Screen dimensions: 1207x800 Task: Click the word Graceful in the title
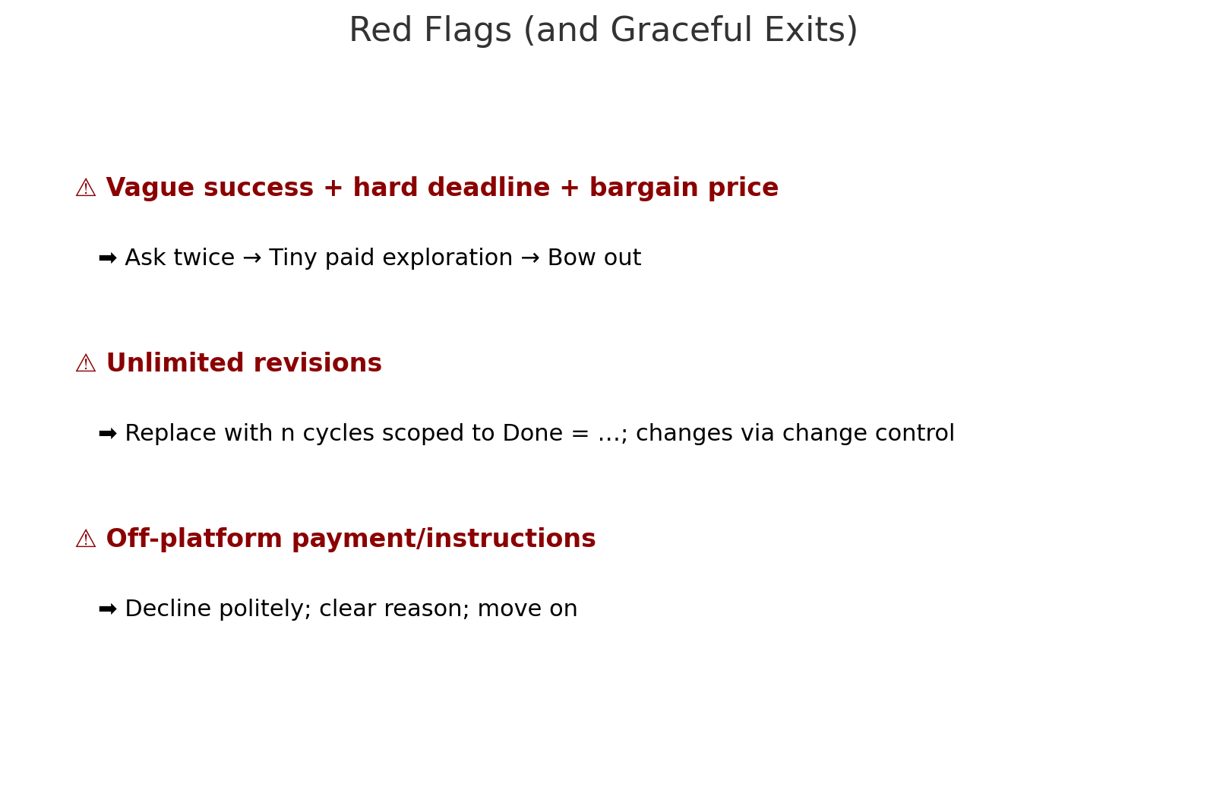coord(681,30)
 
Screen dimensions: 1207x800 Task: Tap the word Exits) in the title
coord(811,30)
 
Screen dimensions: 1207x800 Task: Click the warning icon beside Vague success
coord(86,188)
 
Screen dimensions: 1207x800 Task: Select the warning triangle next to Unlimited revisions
coord(86,363)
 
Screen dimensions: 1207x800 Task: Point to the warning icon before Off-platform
coord(86,539)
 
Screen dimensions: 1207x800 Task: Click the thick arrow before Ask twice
coord(108,258)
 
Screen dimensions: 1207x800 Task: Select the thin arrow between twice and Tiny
coord(252,258)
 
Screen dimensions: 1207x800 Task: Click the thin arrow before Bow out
coord(530,258)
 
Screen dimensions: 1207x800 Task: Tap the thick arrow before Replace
coord(108,433)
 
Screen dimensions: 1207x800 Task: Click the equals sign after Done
coord(580,434)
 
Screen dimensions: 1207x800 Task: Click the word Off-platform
coord(194,539)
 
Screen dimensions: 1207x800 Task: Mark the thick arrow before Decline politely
coord(108,609)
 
